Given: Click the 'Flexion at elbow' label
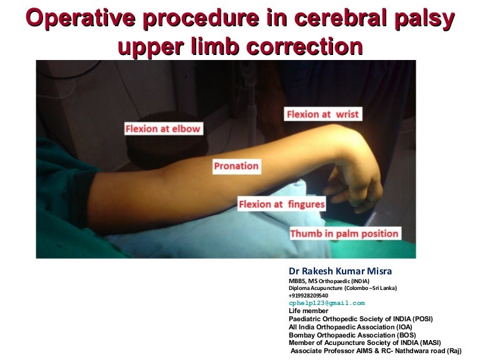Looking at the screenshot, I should click(x=162, y=129).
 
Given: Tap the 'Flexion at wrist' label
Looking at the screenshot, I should click(x=323, y=114).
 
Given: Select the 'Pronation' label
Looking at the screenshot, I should click(x=236, y=166).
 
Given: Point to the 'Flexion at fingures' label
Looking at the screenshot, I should click(x=282, y=204).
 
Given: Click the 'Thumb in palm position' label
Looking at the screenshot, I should click(x=344, y=234).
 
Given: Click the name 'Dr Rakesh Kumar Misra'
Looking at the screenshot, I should click(x=340, y=271).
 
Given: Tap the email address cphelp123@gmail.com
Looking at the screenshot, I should click(x=326, y=302).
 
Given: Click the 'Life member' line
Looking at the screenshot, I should click(x=308, y=311).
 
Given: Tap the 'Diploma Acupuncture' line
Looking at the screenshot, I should click(x=342, y=287).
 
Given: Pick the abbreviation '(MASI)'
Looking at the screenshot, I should click(x=428, y=342).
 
